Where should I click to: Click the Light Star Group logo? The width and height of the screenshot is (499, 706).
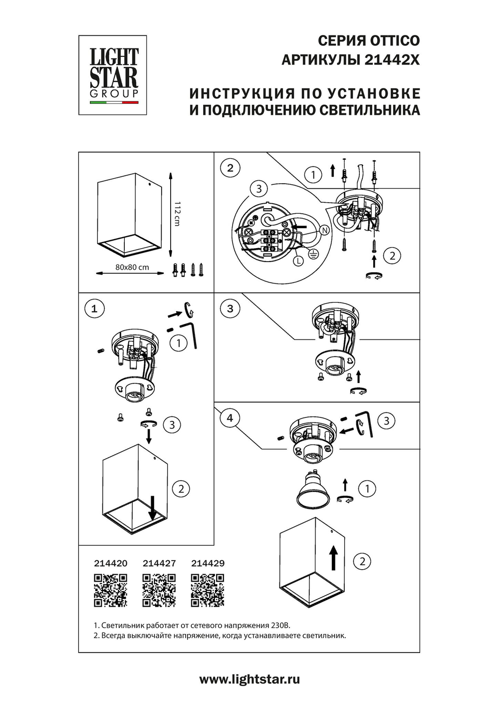tap(113, 75)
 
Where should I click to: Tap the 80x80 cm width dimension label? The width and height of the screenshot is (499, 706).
tap(132, 267)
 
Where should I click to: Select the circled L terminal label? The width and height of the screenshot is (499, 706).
tap(298, 261)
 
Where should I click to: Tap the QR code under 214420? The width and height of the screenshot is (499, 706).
tap(111, 590)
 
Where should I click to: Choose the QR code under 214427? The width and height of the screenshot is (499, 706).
tap(159, 590)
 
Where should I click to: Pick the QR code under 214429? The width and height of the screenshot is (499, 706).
tap(208, 590)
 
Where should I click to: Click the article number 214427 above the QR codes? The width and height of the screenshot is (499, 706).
tap(159, 563)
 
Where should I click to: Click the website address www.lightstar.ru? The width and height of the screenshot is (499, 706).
tap(249, 679)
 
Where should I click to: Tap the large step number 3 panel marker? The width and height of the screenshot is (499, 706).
tap(230, 309)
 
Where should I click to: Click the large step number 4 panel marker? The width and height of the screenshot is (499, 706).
tap(230, 418)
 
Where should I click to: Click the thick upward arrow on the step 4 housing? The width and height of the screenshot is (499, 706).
tap(333, 558)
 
